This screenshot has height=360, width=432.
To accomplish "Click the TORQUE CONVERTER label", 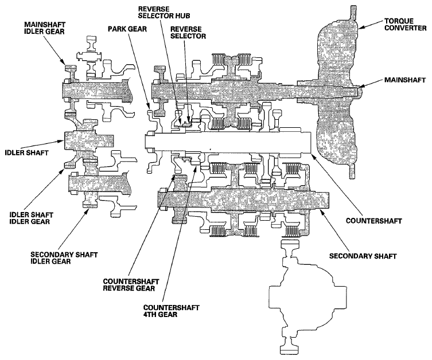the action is pyautogui.click(x=405, y=25).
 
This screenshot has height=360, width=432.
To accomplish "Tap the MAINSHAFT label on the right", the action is pyautogui.click(x=404, y=80).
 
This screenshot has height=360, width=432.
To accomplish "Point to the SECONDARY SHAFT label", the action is pyautogui.click(x=363, y=256).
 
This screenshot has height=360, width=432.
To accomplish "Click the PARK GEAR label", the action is pyautogui.click(x=127, y=29).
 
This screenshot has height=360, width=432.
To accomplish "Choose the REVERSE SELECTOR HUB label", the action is pyautogui.click(x=164, y=13).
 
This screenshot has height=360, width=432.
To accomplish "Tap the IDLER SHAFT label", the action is pyautogui.click(x=26, y=152).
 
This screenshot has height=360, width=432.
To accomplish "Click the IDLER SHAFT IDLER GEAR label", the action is pyautogui.click(x=31, y=218).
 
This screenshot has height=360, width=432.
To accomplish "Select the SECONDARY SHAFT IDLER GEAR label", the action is pyautogui.click(x=64, y=257).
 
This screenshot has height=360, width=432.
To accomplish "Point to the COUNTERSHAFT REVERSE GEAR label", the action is pyautogui.click(x=131, y=285).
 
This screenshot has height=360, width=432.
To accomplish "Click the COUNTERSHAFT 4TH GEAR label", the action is pyautogui.click(x=171, y=311).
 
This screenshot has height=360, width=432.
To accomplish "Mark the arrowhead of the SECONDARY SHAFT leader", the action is pyautogui.click(x=321, y=211).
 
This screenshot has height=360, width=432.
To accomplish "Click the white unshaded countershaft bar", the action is pyautogui.click(x=228, y=142).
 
